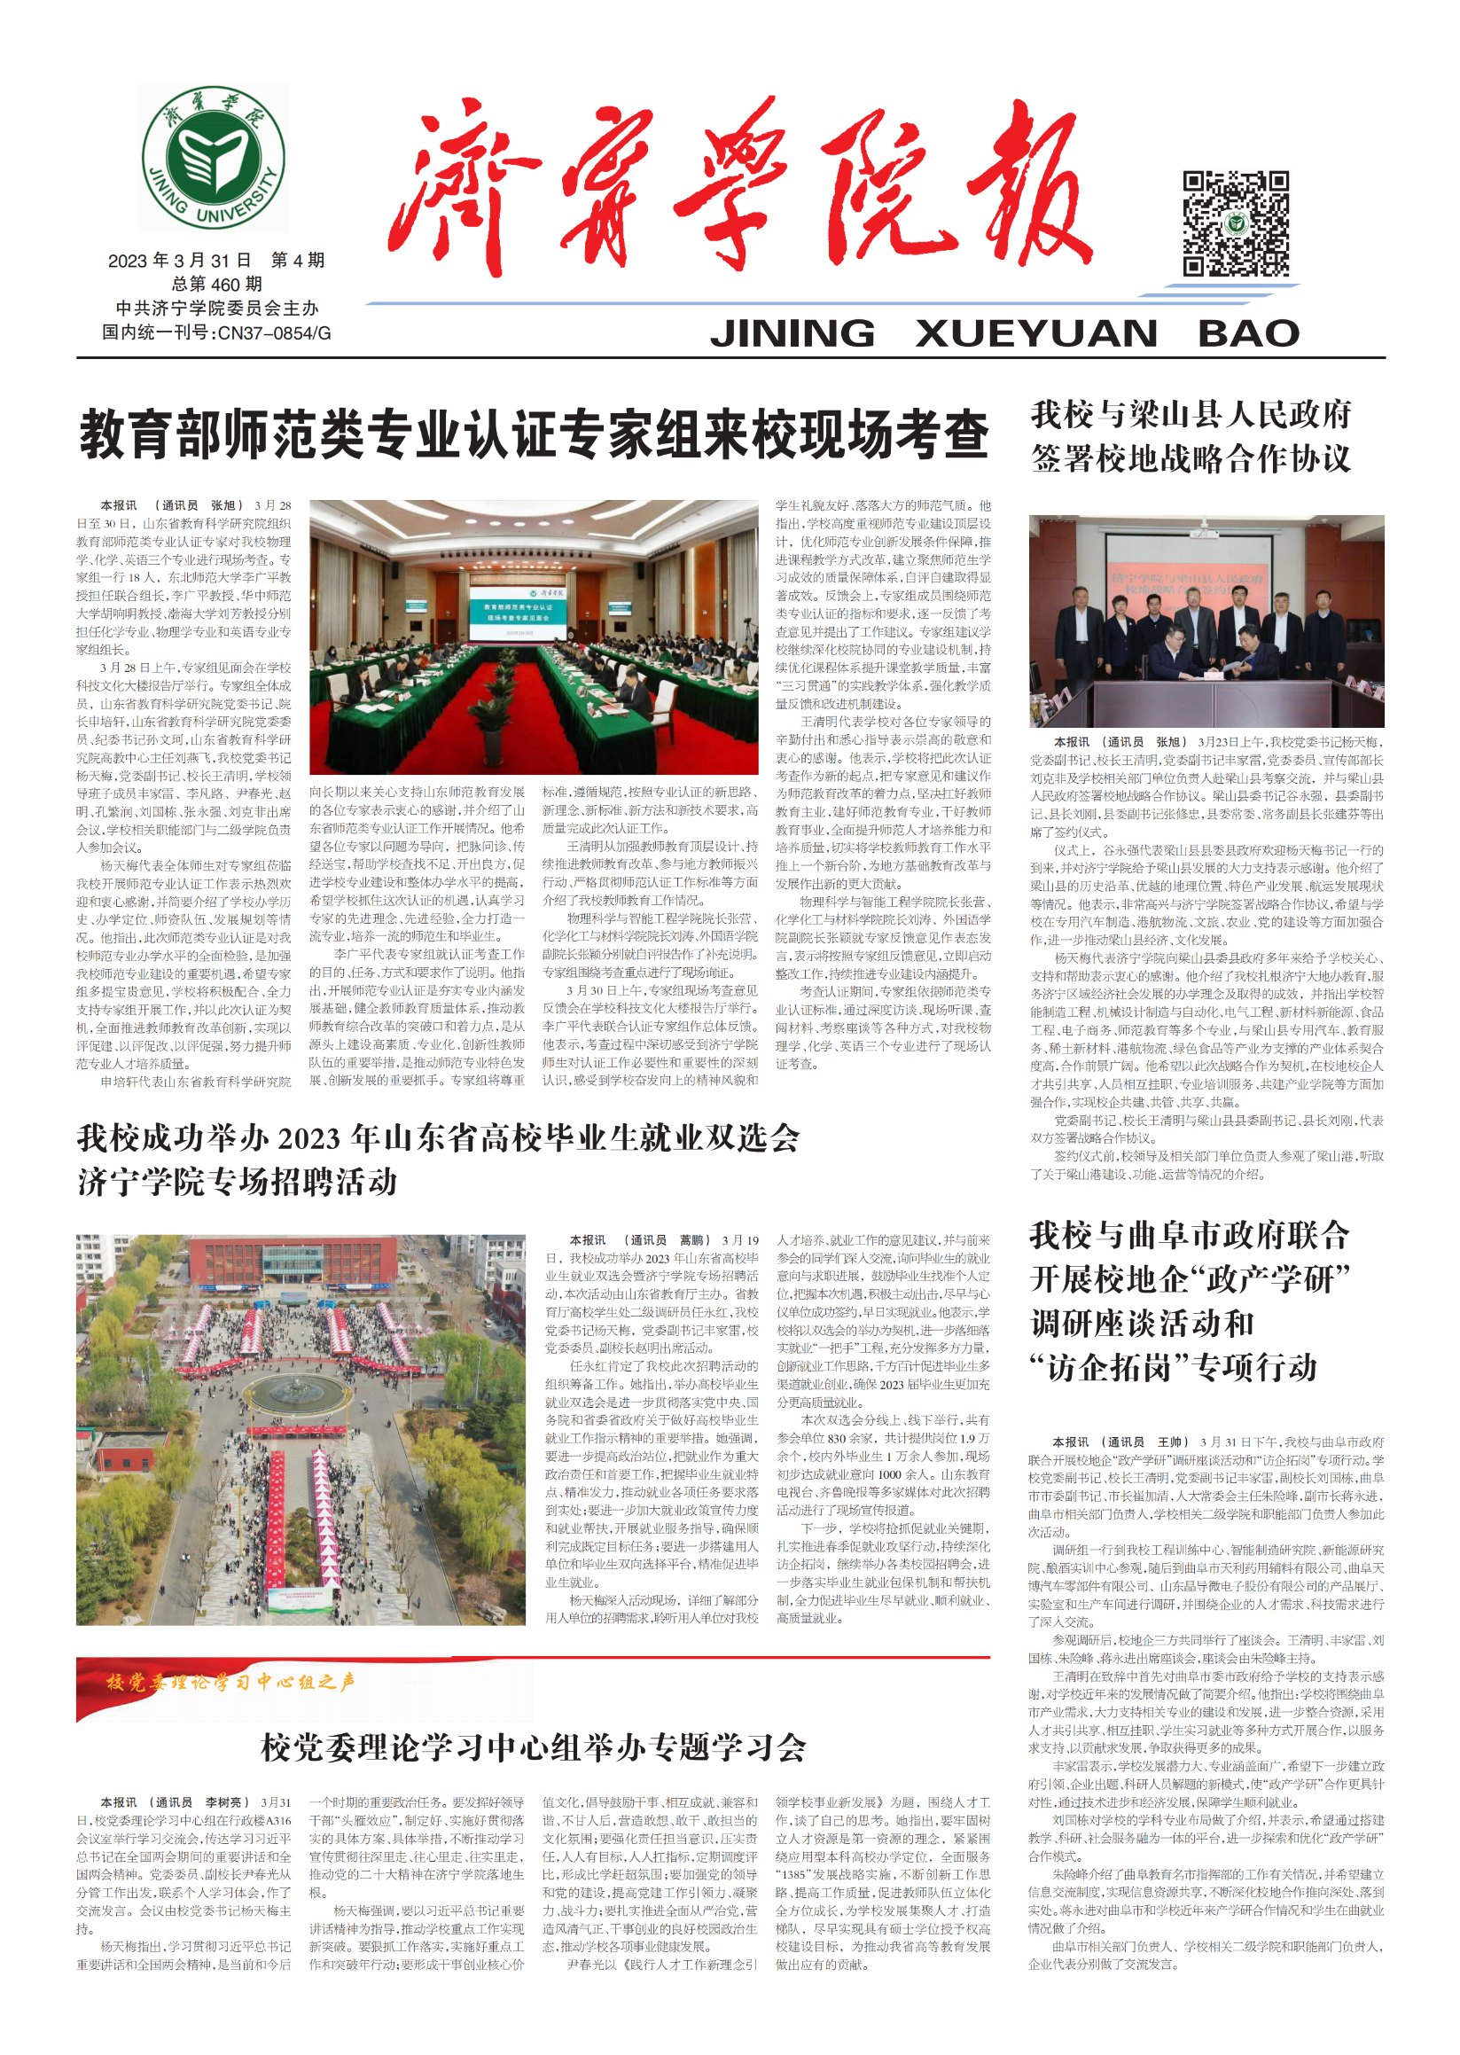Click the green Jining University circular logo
(x=213, y=159)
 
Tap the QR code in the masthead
(x=1235, y=223)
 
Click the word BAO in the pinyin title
(x=1248, y=333)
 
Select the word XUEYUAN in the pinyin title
(x=1035, y=333)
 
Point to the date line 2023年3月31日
(x=180, y=261)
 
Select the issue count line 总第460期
(x=215, y=284)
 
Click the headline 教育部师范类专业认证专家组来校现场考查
(x=534, y=434)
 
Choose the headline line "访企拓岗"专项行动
(x=1173, y=1368)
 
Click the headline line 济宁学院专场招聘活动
(x=238, y=1181)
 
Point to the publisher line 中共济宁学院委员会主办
(x=215, y=309)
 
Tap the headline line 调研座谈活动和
(x=1141, y=1324)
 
